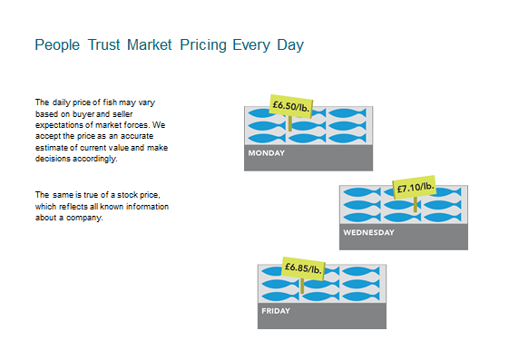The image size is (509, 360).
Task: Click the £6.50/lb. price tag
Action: coord(291,106)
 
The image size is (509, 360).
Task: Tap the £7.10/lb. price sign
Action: coord(415,188)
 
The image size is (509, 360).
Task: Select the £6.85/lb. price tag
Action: coord(302,268)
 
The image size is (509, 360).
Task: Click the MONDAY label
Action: coord(266,153)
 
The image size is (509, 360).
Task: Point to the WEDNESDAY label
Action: coord(368,232)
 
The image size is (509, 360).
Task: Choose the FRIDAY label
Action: coord(276,311)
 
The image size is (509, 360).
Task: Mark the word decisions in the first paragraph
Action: coord(53,159)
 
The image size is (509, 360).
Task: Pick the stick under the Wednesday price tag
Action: coord(416,206)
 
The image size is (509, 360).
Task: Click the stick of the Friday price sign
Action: coord(301,286)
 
